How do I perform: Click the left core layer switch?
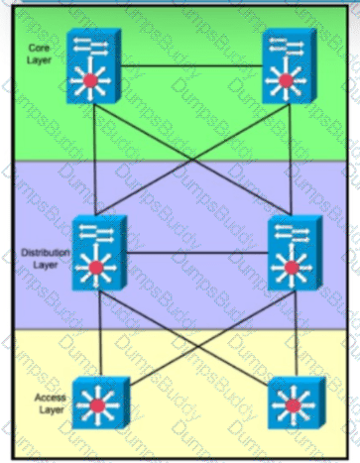point(93,65)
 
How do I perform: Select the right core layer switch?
point(290,65)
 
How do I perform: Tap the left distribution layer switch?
point(99,253)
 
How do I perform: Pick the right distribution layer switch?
point(296,253)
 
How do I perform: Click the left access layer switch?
point(101,403)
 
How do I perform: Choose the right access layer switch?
point(297,403)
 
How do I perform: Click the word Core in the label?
point(39,48)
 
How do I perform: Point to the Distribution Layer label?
point(46,259)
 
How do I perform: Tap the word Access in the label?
point(51,398)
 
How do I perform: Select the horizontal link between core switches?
point(191,66)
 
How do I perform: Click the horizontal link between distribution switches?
point(197,254)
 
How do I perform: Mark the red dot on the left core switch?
point(90,80)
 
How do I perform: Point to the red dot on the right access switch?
point(293,405)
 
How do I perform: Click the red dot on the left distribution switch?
point(96,268)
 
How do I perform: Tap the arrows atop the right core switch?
point(287,46)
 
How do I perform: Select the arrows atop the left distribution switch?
point(96,232)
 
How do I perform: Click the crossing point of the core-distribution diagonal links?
point(192,160)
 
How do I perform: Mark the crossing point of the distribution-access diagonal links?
point(198,345)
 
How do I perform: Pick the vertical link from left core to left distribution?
point(94,160)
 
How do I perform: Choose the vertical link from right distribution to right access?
point(297,334)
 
